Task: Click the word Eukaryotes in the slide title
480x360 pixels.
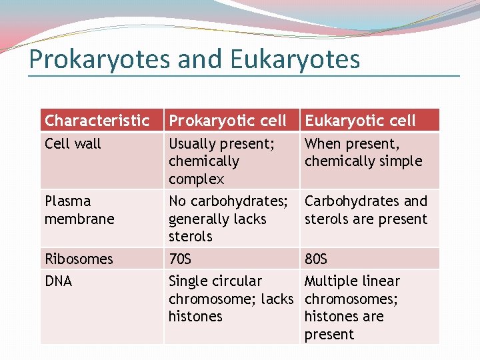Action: coord(295,60)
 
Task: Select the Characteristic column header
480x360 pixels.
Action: coord(97,121)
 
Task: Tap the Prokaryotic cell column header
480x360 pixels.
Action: coord(227,121)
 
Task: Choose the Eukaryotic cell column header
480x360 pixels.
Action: coord(360,121)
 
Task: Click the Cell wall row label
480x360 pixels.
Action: coord(73,143)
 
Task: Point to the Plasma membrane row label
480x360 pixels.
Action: coord(79,210)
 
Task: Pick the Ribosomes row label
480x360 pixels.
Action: coord(79,259)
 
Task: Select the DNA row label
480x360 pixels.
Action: coord(58,281)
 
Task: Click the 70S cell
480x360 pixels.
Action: coord(180,259)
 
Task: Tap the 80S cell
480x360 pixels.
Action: coord(316,259)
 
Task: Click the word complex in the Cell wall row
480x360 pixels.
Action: coord(196,179)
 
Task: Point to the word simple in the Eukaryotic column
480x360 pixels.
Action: coord(399,161)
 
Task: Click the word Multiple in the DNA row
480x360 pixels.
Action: coord(332,281)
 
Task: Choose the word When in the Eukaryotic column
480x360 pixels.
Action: coord(323,143)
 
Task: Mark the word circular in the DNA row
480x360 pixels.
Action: coord(237,281)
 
